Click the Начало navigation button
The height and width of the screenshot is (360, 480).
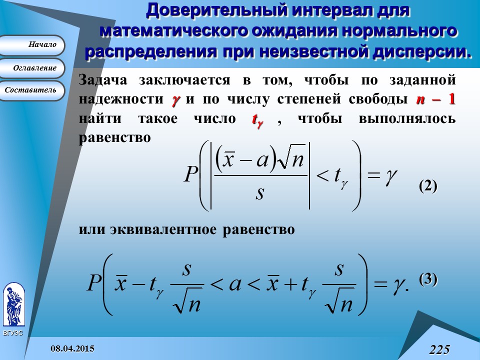pos(32,45)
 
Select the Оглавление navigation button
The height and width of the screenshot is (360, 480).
pos(32,68)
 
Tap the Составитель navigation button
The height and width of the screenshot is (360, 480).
pos(32,90)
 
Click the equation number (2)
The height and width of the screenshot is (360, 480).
pos(428,186)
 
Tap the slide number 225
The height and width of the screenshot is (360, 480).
pos(439,349)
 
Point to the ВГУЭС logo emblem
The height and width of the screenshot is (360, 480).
pos(13,305)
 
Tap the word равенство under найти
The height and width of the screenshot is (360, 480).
pos(114,138)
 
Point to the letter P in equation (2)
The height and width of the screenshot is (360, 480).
pos(192,175)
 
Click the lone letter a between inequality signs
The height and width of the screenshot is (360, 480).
pos(234,285)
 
